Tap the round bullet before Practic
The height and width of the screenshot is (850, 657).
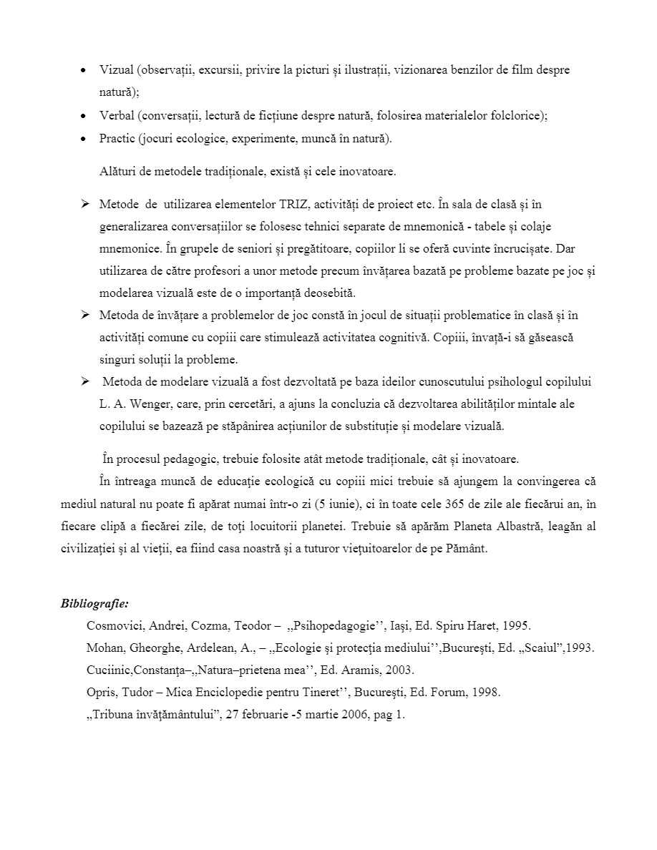click(x=84, y=139)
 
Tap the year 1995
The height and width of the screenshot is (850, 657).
click(x=515, y=625)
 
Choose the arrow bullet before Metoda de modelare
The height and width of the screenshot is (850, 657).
click(x=84, y=381)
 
